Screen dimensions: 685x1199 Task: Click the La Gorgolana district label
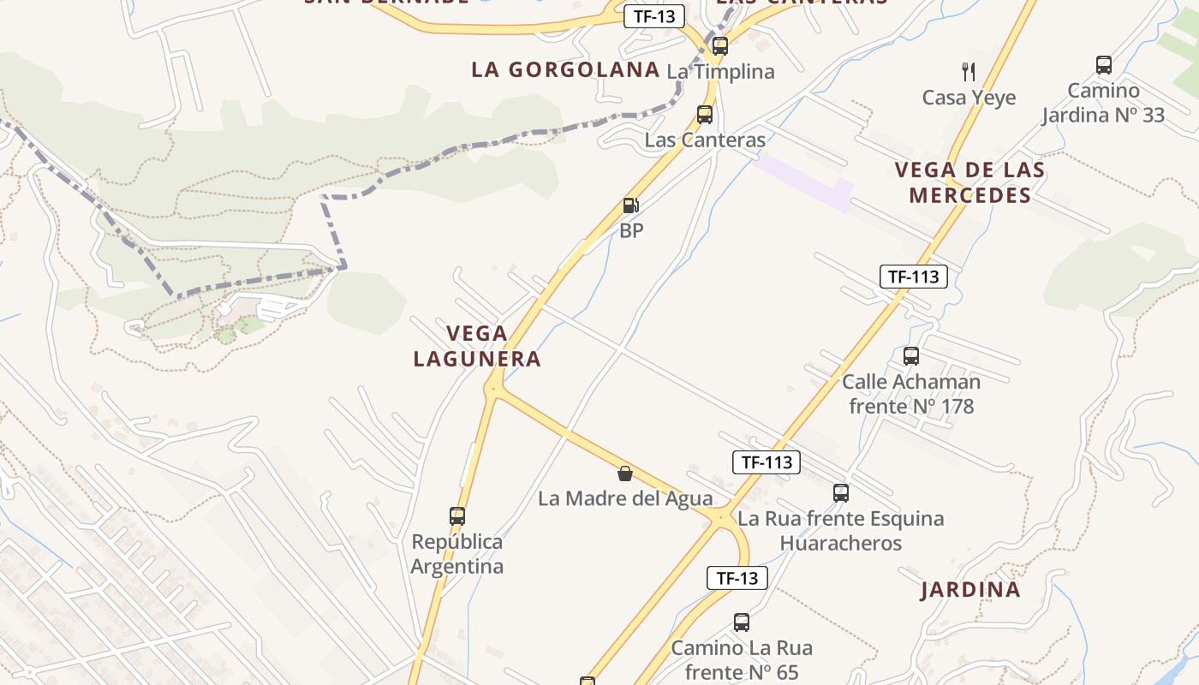[x=565, y=70]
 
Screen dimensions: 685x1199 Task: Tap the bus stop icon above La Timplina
[x=720, y=46]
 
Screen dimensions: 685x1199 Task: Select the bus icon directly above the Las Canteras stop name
[x=705, y=115]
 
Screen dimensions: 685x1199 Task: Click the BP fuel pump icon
[x=631, y=205]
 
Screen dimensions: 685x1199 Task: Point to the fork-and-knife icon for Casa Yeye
[x=969, y=71]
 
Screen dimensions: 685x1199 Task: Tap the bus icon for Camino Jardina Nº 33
[x=1104, y=65]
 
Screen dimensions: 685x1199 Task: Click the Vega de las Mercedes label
[x=969, y=182]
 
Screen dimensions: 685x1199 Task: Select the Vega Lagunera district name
[x=477, y=346]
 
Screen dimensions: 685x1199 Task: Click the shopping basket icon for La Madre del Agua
[x=625, y=474]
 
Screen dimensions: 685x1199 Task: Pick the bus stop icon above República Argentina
[x=457, y=516]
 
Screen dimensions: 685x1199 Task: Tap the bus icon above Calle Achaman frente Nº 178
[x=911, y=356]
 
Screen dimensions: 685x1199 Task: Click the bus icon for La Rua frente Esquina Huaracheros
[x=841, y=493]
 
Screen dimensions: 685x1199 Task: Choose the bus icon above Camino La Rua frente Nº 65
[x=742, y=622]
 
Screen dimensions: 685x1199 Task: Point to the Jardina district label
[x=970, y=590]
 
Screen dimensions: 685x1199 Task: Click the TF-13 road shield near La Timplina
[x=654, y=16]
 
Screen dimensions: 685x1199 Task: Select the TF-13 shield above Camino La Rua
[x=737, y=578]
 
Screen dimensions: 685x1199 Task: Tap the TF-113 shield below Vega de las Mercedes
[x=914, y=277]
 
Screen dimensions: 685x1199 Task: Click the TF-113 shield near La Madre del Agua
[x=767, y=462]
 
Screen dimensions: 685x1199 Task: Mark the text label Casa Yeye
[x=969, y=98]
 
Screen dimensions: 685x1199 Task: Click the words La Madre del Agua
[x=625, y=498]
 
